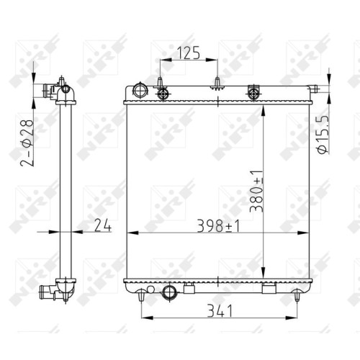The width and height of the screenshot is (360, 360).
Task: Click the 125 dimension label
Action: [x=189, y=53]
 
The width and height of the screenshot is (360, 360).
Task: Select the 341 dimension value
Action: [x=220, y=310]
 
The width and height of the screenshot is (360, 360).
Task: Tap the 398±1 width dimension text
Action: [x=218, y=226]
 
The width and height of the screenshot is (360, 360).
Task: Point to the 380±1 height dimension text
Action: [x=256, y=192]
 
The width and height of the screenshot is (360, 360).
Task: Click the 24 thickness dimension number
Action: [x=103, y=225]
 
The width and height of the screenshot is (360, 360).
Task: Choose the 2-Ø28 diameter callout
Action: [x=27, y=143]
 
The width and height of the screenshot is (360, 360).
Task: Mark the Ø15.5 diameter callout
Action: [x=323, y=135]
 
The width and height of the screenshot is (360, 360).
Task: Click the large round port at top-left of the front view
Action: [x=140, y=91]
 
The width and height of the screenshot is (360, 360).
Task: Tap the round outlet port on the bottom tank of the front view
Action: [x=170, y=292]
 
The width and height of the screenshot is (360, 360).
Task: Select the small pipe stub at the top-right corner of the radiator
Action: [x=313, y=89]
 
